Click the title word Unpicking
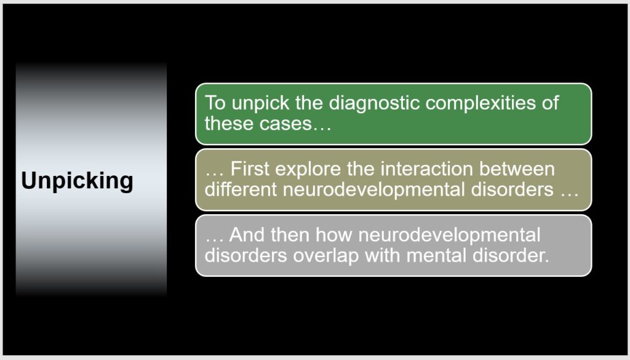coord(77,181)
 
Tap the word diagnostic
coord(375,103)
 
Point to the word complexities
coord(480,103)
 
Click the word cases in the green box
coord(285,123)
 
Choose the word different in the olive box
coord(241,190)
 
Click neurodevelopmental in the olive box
coord(373,190)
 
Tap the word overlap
coord(326,256)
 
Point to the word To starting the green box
coord(216,103)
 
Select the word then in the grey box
coord(290,235)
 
